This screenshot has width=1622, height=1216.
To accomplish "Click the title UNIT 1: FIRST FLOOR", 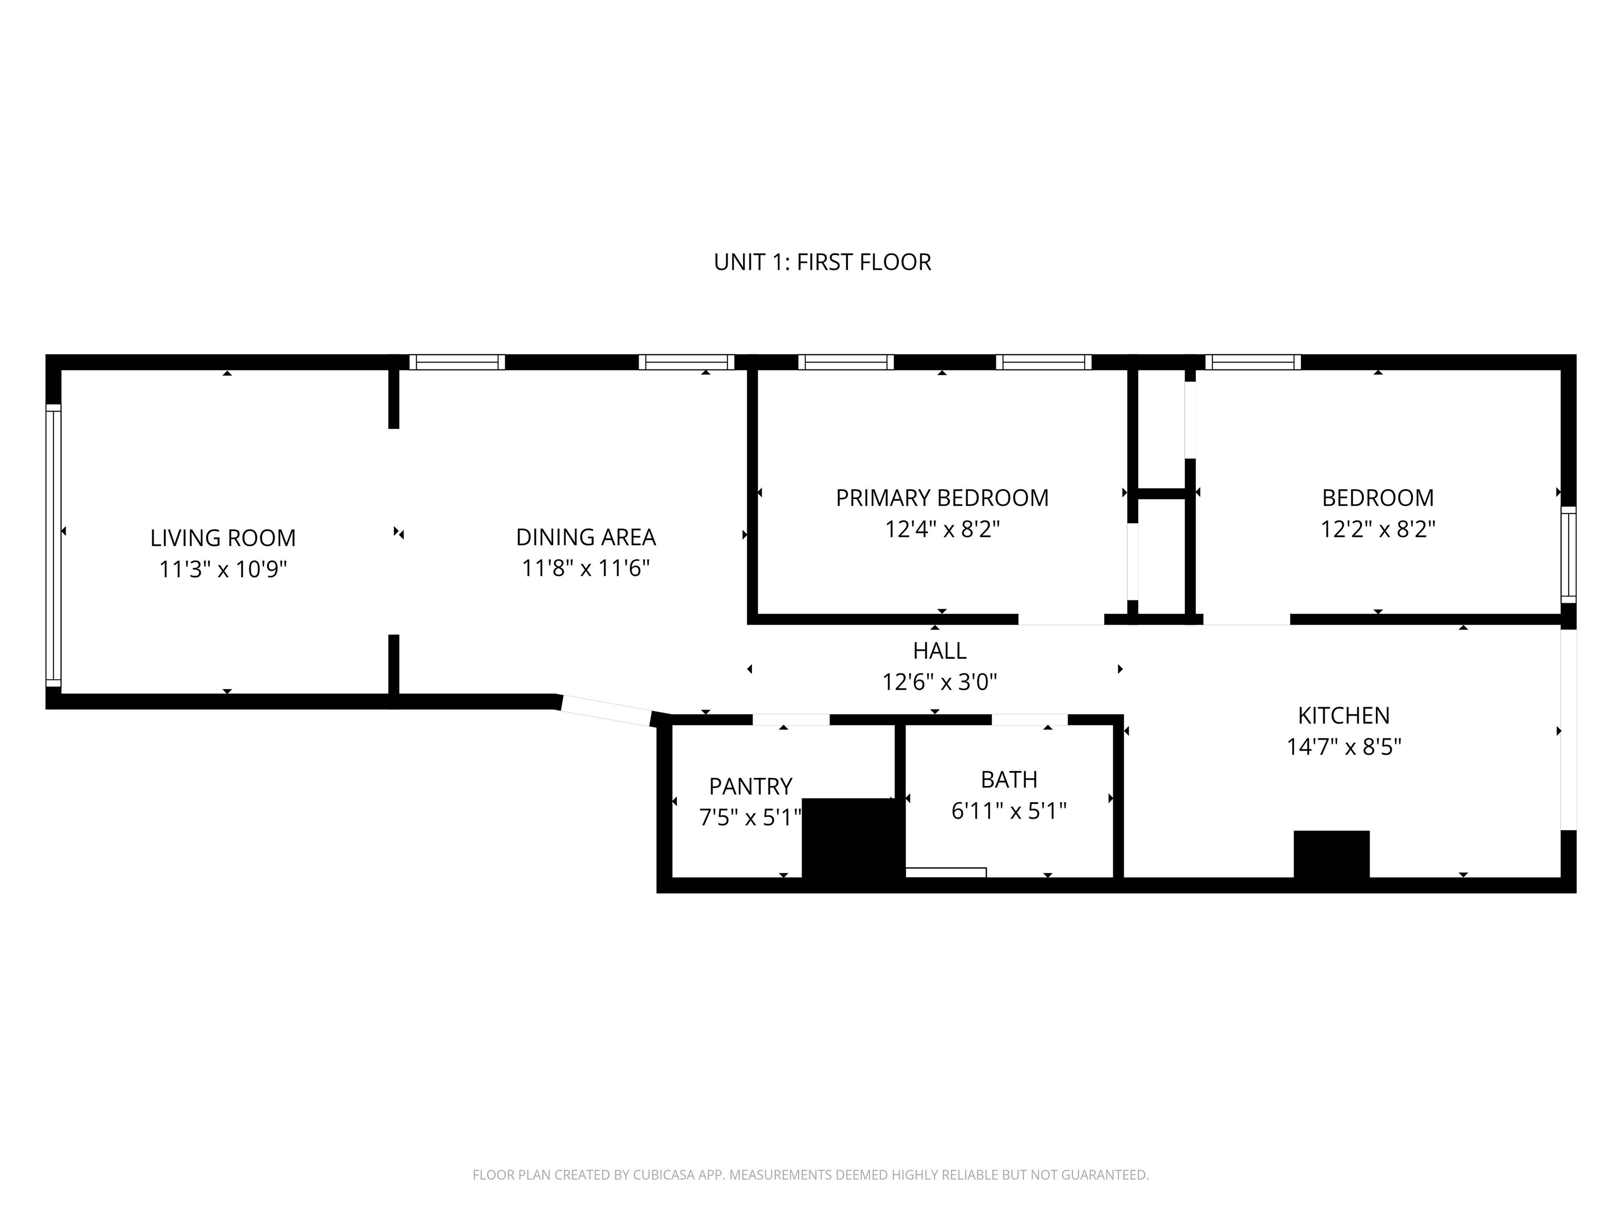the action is click(x=822, y=262).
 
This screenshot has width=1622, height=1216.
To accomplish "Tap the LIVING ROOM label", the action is click(x=223, y=538).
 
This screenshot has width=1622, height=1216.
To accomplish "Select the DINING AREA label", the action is click(x=586, y=537).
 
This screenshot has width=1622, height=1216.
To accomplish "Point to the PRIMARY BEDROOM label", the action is click(x=942, y=498).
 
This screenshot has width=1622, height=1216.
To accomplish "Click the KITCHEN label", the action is click(x=1344, y=715).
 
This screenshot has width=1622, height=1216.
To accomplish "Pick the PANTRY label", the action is click(x=750, y=786).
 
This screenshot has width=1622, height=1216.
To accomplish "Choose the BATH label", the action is click(x=1009, y=779).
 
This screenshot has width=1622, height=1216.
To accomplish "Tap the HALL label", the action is click(x=939, y=650).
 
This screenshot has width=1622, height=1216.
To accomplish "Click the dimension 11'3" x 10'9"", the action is click(x=223, y=569).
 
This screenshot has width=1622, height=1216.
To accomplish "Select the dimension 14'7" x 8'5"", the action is click(x=1344, y=747).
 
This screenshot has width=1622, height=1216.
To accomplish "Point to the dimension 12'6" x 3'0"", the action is click(x=939, y=682).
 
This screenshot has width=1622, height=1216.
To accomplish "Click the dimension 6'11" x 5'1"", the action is click(x=1009, y=811).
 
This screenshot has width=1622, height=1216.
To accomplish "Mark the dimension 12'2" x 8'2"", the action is click(x=1378, y=529).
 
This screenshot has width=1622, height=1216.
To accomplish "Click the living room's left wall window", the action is click(x=53, y=545).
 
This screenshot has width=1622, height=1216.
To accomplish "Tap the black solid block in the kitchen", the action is click(x=1332, y=854).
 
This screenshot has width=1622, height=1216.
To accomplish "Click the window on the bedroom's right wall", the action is click(x=1569, y=555).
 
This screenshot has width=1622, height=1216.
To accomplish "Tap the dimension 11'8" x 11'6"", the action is click(x=586, y=568).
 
